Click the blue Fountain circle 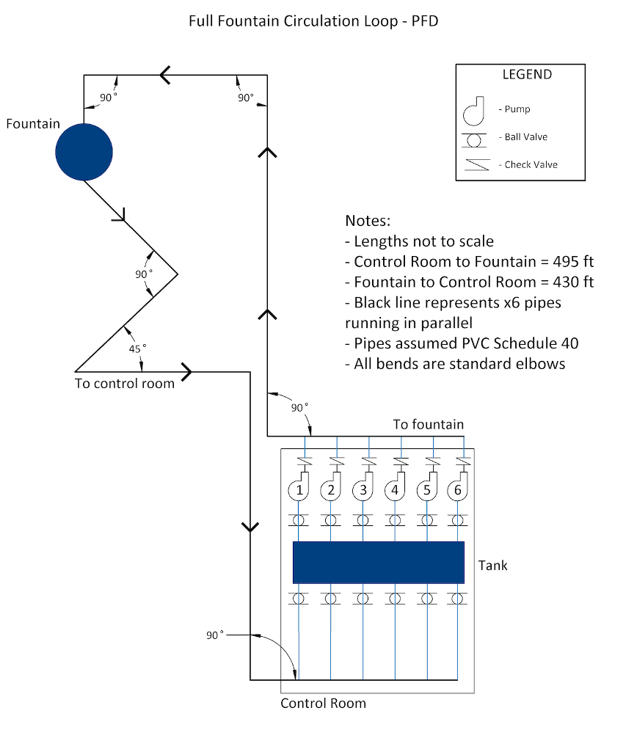(x=84, y=152)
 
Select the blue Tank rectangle (x=379, y=563)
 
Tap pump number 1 (x=299, y=487)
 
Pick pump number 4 (x=395, y=487)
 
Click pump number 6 (x=457, y=487)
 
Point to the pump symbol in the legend (x=474, y=111)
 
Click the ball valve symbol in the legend (x=474, y=140)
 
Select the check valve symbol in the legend (x=477, y=164)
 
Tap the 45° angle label (x=137, y=348)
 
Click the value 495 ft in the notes (x=573, y=261)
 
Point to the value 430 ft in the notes (x=573, y=282)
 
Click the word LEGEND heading (x=527, y=75)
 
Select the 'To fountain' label (x=429, y=424)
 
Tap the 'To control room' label (x=125, y=383)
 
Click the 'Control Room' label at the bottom (x=323, y=703)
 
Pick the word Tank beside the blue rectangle (x=493, y=565)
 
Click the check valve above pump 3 (x=369, y=461)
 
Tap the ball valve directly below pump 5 (x=427, y=520)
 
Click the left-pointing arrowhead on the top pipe (x=164, y=75)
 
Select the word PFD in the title (x=425, y=21)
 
